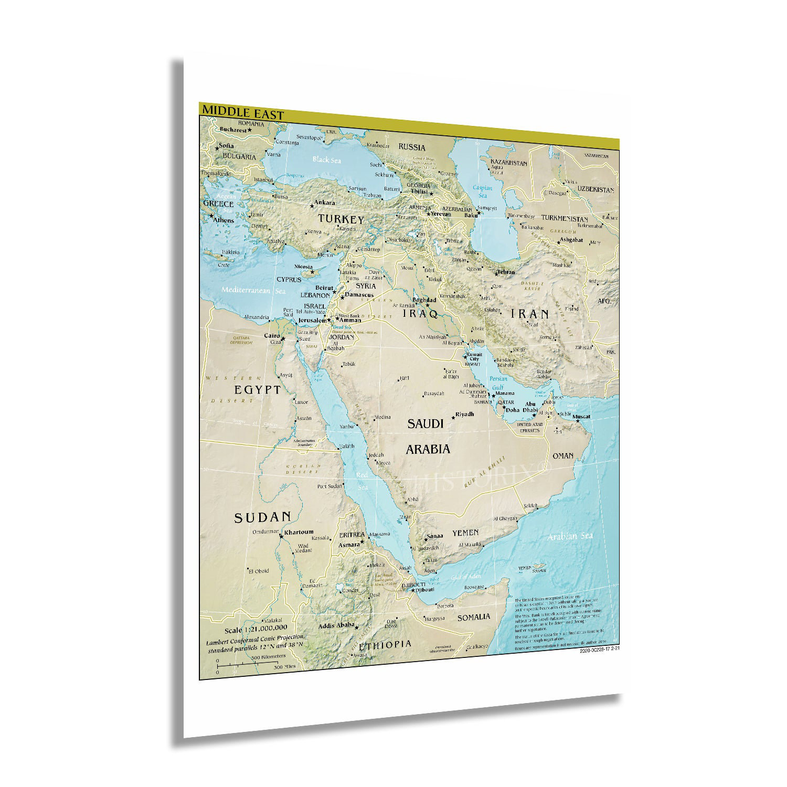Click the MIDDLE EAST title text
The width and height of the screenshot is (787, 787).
[x=243, y=113]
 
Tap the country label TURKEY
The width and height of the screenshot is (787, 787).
[x=341, y=219]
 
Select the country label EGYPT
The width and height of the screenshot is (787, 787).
[x=258, y=390]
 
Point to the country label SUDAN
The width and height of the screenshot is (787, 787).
[x=262, y=518]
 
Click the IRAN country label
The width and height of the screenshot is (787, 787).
[x=530, y=314]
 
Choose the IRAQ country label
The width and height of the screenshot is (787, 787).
[x=420, y=314]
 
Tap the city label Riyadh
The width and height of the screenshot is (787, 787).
[x=464, y=414]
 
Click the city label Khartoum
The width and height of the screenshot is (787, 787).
[x=299, y=532]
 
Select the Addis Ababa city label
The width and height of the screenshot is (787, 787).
[x=336, y=626]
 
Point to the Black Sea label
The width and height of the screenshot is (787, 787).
[x=326, y=159]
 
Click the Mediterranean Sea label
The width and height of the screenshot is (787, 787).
[x=253, y=290]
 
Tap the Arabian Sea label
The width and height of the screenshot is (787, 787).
[x=570, y=536]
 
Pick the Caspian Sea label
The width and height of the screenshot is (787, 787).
[x=482, y=192]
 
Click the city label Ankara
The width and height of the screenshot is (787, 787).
[x=324, y=203]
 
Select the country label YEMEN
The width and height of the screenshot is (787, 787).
[x=465, y=533]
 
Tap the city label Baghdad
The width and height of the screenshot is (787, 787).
[x=424, y=300]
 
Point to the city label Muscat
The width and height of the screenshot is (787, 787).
[x=581, y=417]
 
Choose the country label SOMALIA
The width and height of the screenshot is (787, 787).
[x=473, y=618]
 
